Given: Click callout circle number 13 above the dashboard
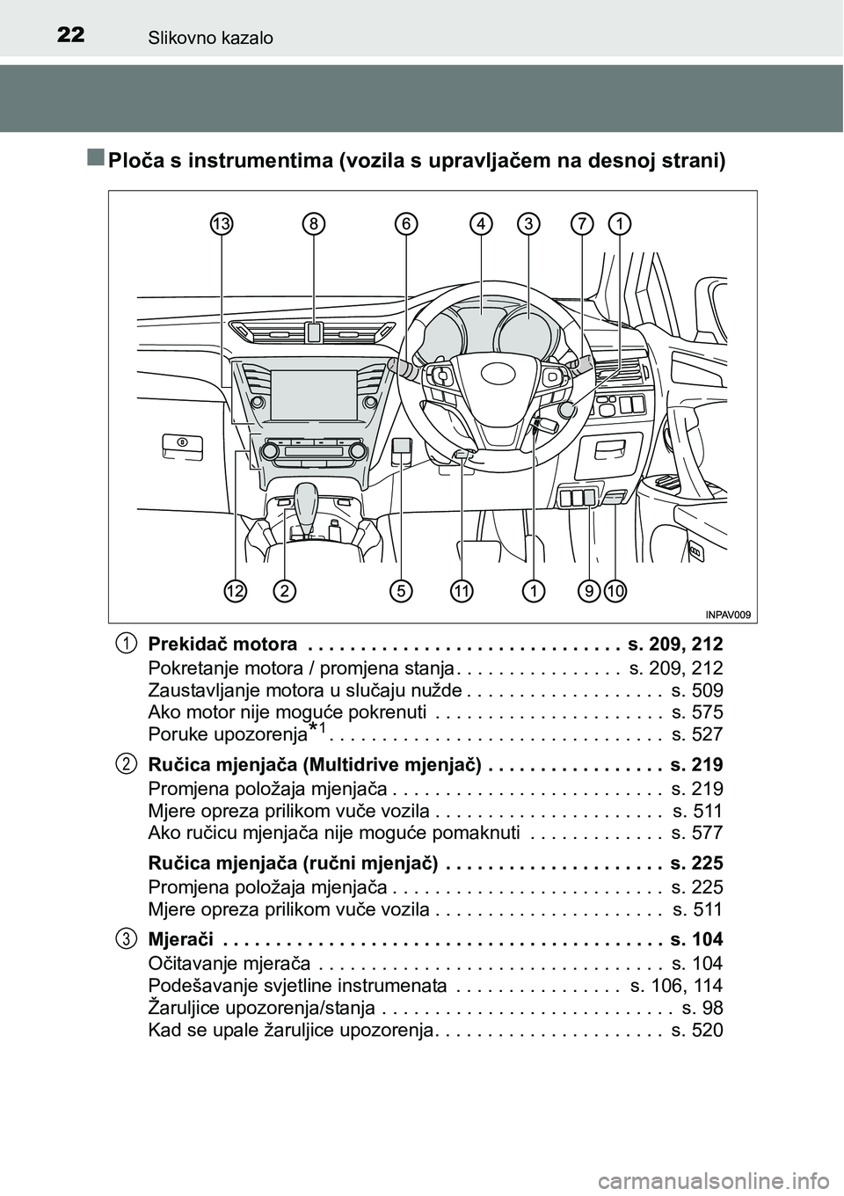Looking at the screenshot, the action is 222,224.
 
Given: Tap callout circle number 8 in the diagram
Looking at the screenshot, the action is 313,224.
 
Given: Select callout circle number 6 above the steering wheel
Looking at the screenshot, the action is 406,224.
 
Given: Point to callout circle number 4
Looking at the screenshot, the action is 481,224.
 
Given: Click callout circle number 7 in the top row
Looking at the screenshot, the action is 581,224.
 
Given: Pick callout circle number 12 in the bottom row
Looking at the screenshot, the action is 236,591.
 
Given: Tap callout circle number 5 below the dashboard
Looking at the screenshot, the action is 401,591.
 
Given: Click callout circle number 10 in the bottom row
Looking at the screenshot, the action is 615,591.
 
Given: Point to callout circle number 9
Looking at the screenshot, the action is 589,591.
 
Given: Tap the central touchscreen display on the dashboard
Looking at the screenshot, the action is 313,395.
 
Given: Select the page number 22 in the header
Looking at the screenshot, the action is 70,35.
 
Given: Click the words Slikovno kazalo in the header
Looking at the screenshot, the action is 210,38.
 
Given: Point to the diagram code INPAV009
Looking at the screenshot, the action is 728,615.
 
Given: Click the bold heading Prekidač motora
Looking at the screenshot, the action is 222,644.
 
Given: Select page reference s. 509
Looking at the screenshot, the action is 697,690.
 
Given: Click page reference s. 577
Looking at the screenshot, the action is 697,833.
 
